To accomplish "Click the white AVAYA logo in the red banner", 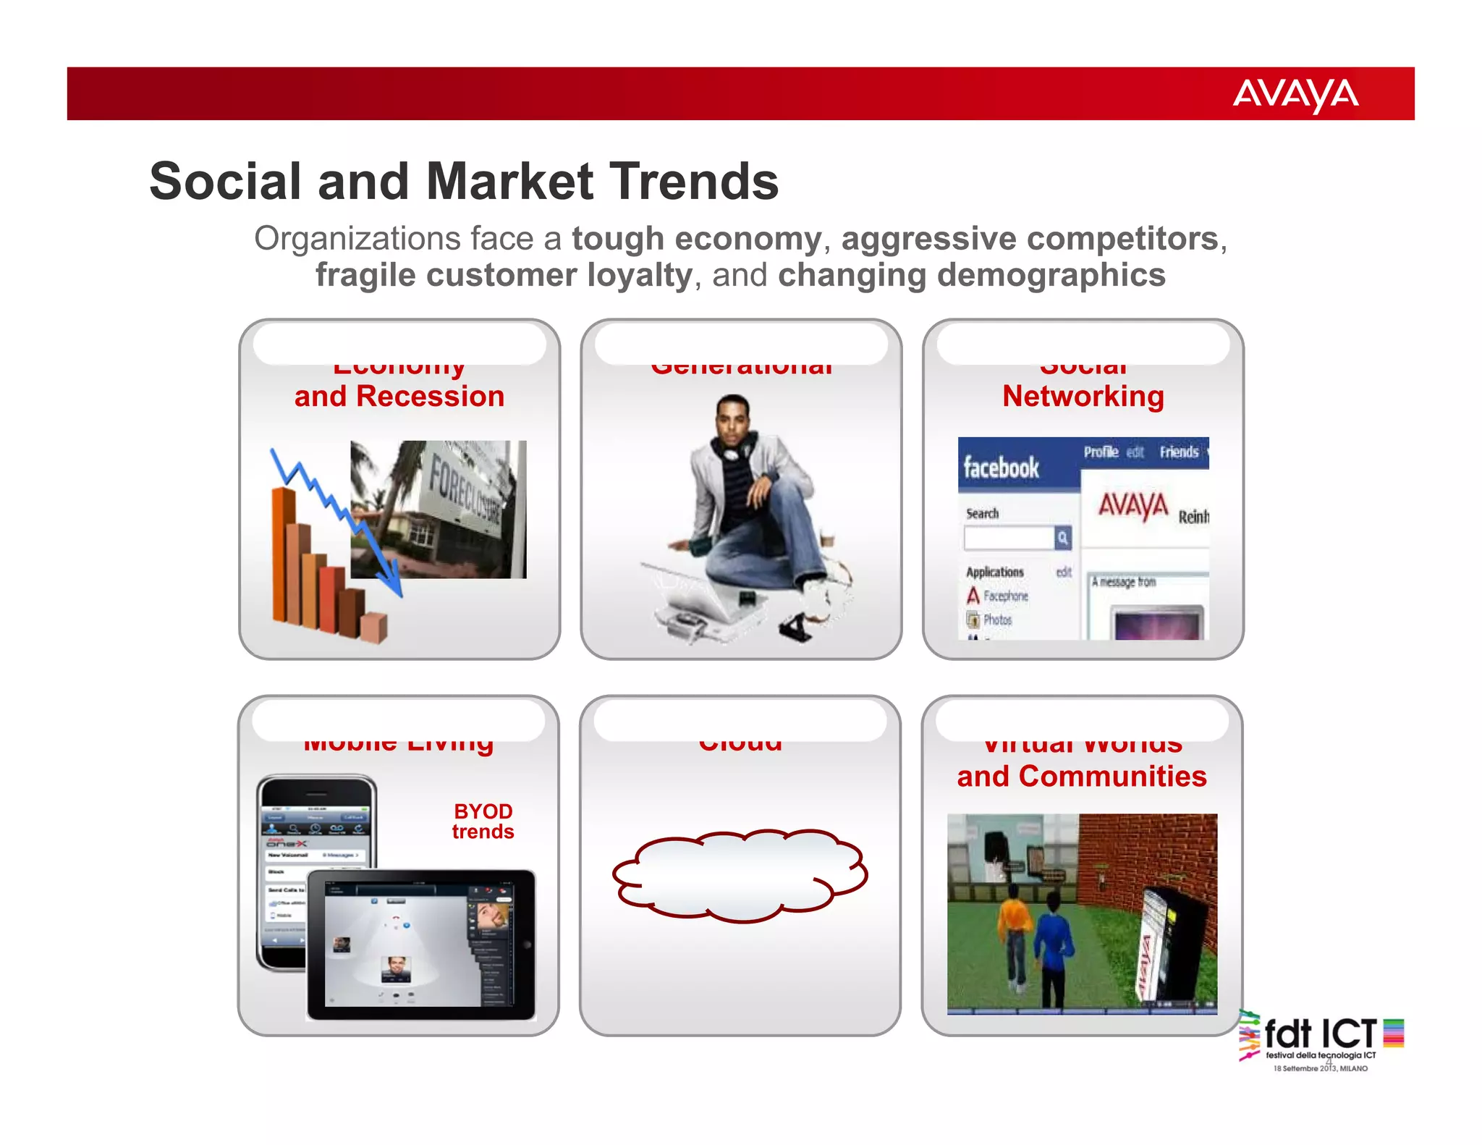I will pos(1295,95).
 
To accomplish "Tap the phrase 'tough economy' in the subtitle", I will pos(696,239).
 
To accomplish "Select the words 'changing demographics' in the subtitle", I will pos(971,276).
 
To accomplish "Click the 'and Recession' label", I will pos(399,397).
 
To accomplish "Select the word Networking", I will pos(1083,397).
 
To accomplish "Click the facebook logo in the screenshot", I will pos(1001,468).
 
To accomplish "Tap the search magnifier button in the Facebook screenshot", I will pos(1062,538).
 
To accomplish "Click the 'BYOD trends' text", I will pos(483,821).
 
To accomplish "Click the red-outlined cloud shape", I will pos(740,876).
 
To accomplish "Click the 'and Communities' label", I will pos(1081,777).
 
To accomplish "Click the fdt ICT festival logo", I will pos(1320,1040).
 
